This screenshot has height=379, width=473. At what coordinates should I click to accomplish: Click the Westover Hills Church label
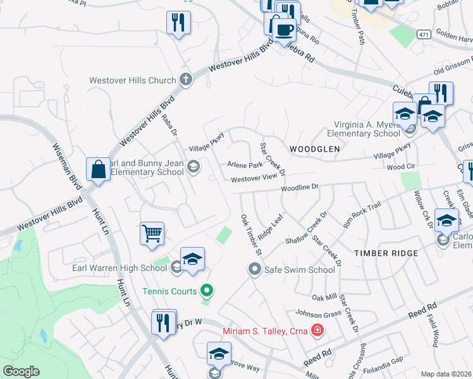click(x=132, y=80)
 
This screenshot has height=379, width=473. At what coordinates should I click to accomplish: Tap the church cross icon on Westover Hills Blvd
click(x=185, y=80)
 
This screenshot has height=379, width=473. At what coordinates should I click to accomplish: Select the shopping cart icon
click(x=152, y=233)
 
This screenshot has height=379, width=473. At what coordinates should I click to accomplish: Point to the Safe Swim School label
click(x=299, y=270)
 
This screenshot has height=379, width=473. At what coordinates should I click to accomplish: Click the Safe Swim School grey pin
click(x=255, y=270)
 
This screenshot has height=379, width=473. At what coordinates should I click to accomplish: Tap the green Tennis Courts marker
click(x=206, y=291)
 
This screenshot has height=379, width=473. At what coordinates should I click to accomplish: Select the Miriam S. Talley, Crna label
click(x=264, y=331)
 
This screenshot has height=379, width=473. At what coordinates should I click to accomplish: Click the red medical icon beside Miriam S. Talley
click(x=317, y=330)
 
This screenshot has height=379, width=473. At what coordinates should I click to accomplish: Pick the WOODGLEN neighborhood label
click(x=315, y=148)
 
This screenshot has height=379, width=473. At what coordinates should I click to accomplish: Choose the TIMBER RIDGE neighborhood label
click(x=386, y=253)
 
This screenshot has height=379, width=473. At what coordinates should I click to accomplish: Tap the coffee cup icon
click(x=284, y=28)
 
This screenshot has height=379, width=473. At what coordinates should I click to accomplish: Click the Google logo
click(x=21, y=371)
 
